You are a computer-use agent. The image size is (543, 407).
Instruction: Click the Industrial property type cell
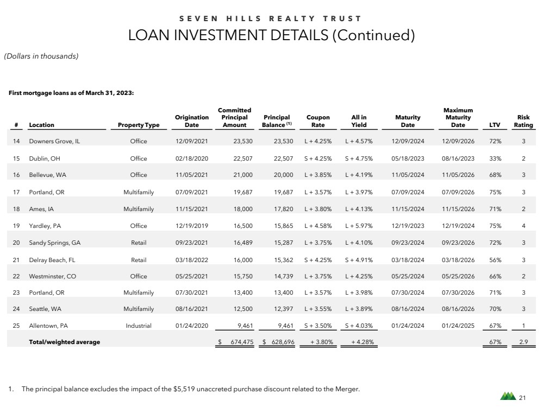tap(138, 326)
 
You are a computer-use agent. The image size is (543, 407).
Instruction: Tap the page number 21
tap(523, 398)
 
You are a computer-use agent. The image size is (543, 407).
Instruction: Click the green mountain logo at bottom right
tap(507, 397)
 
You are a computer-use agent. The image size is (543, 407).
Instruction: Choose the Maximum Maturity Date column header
tap(458, 117)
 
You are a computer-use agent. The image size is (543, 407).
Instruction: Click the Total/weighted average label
tap(64, 342)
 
